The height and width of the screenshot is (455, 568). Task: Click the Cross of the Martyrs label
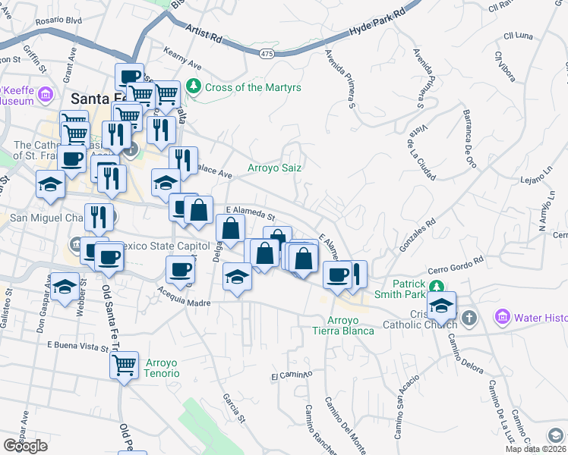coord(253,87)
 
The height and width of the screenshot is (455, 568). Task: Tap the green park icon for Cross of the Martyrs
coord(194,86)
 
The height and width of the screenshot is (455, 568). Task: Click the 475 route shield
coord(266,53)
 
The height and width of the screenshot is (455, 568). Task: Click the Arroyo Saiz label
coord(275,168)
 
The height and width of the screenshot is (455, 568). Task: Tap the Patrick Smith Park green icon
coord(436,287)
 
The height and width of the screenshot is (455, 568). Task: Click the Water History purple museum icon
coord(501,315)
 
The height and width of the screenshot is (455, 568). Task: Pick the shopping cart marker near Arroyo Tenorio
coord(124,366)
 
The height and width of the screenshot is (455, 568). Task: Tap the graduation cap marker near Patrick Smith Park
coord(440,306)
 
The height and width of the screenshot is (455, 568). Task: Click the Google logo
coord(26,445)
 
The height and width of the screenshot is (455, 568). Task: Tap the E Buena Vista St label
coord(74,345)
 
